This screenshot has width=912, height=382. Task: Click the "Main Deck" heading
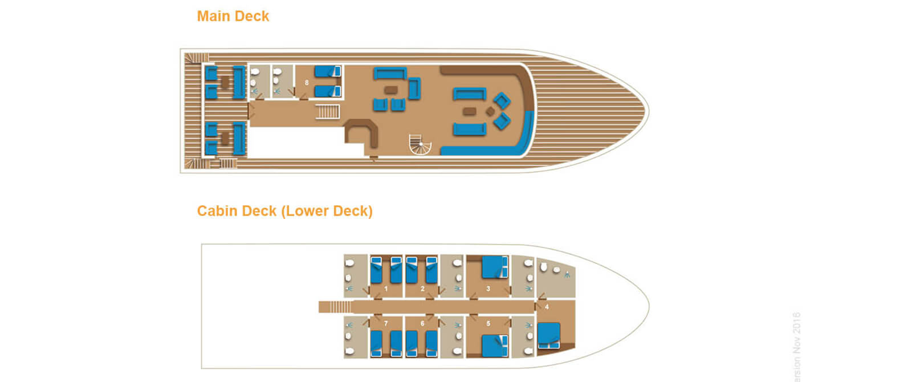pyautogui.click(x=233, y=16)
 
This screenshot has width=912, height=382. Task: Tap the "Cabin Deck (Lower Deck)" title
pyautogui.click(x=284, y=211)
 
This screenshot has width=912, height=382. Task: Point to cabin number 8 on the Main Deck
pyautogui.click(x=307, y=83)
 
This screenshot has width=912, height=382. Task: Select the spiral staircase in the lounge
pyautogui.click(x=421, y=145)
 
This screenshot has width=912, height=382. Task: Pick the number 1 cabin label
pyautogui.click(x=386, y=289)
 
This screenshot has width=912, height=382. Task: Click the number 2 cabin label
pyautogui.click(x=422, y=289)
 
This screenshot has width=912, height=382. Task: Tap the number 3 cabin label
pyautogui.click(x=488, y=289)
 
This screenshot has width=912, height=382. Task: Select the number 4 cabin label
pyautogui.click(x=547, y=307)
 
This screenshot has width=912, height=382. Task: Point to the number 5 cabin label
pyautogui.click(x=488, y=324)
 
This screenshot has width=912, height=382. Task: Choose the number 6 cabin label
pyautogui.click(x=422, y=324)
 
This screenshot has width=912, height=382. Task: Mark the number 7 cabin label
pyautogui.click(x=386, y=324)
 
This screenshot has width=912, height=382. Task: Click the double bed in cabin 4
pyautogui.click(x=549, y=335)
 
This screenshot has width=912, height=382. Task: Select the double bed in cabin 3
pyautogui.click(x=494, y=267)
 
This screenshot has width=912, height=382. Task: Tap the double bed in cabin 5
pyautogui.click(x=494, y=346)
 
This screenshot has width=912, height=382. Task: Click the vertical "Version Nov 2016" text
pyautogui.click(x=796, y=346)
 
